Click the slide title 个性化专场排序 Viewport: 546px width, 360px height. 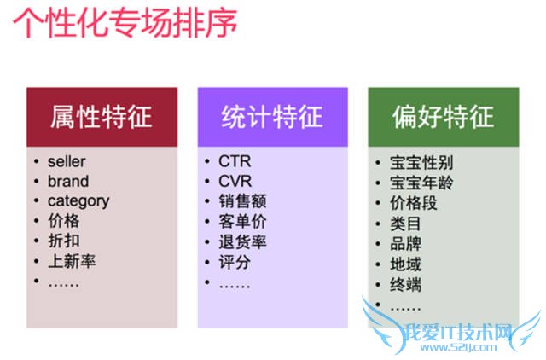coord(125,23)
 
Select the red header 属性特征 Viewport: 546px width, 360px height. coord(102,116)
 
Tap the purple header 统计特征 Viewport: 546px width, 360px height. coord(272,116)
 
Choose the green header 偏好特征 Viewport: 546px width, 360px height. coord(444,116)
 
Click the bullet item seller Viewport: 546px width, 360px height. coord(67,161)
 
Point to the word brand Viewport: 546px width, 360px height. coord(68,181)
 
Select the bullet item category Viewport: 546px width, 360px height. coord(78,201)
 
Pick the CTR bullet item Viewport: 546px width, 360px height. coord(235,161)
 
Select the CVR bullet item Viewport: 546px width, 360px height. coord(235,181)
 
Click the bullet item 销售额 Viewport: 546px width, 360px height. coord(242,201)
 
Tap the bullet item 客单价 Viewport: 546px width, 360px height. coord(242,221)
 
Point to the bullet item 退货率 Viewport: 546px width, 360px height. coord(242,241)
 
